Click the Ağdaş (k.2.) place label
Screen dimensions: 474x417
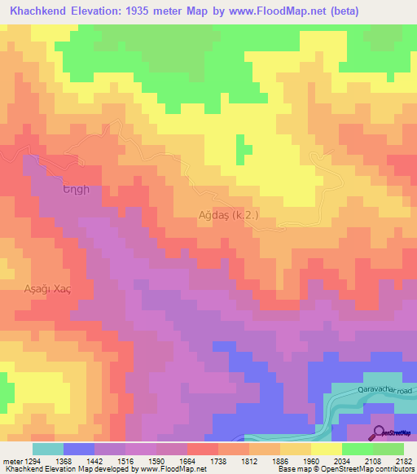click(228, 215)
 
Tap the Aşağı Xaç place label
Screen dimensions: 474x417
click(38, 290)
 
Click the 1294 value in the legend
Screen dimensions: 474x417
click(32, 460)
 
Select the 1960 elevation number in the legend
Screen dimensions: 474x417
click(313, 460)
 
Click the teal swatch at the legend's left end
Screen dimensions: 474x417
click(47, 449)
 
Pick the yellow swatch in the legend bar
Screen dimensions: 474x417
click(325, 449)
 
